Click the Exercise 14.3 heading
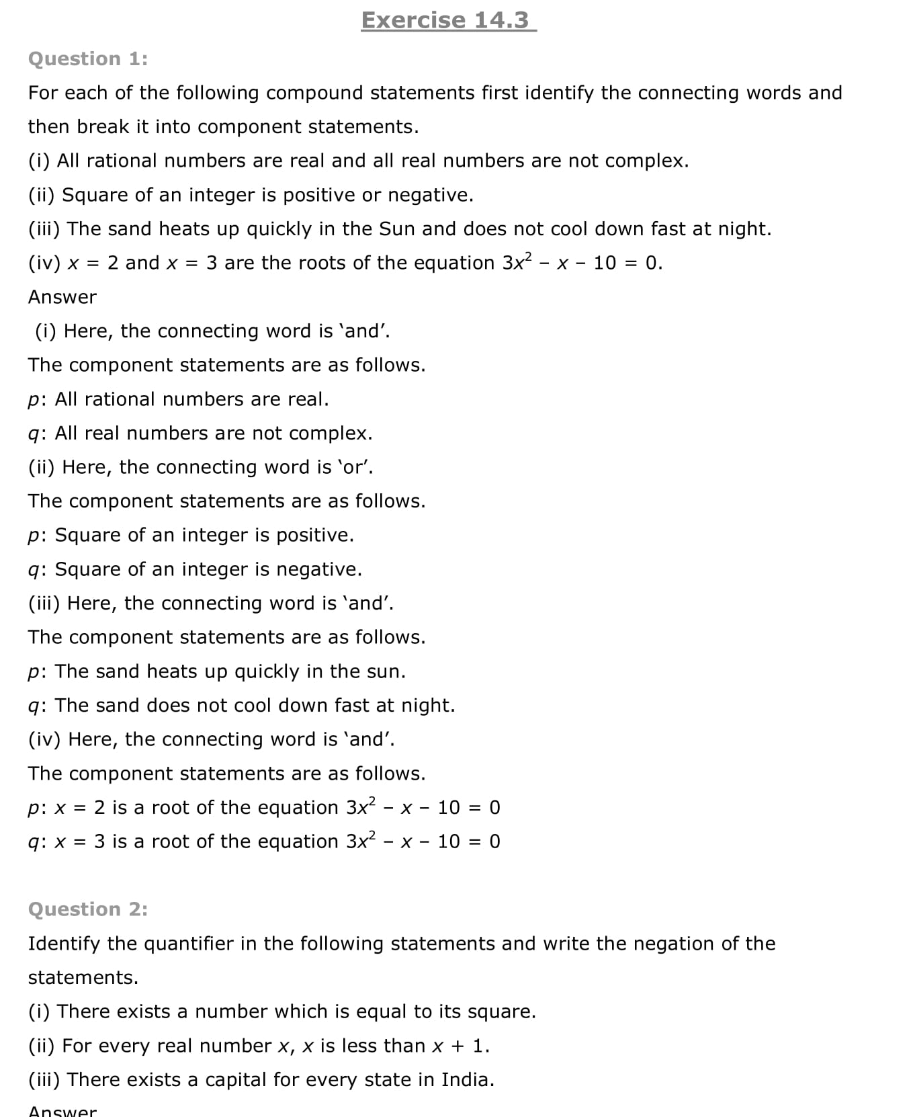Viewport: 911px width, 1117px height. (x=448, y=20)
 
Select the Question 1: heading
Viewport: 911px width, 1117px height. (x=88, y=59)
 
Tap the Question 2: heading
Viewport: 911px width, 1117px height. (x=88, y=909)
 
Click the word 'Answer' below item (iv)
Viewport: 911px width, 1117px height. (x=62, y=297)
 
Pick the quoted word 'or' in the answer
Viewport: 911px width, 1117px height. (x=357, y=467)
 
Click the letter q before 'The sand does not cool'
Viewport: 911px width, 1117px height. (x=34, y=706)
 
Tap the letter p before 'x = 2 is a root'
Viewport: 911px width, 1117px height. (x=34, y=809)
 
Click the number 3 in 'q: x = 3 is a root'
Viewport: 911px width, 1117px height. (x=99, y=841)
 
